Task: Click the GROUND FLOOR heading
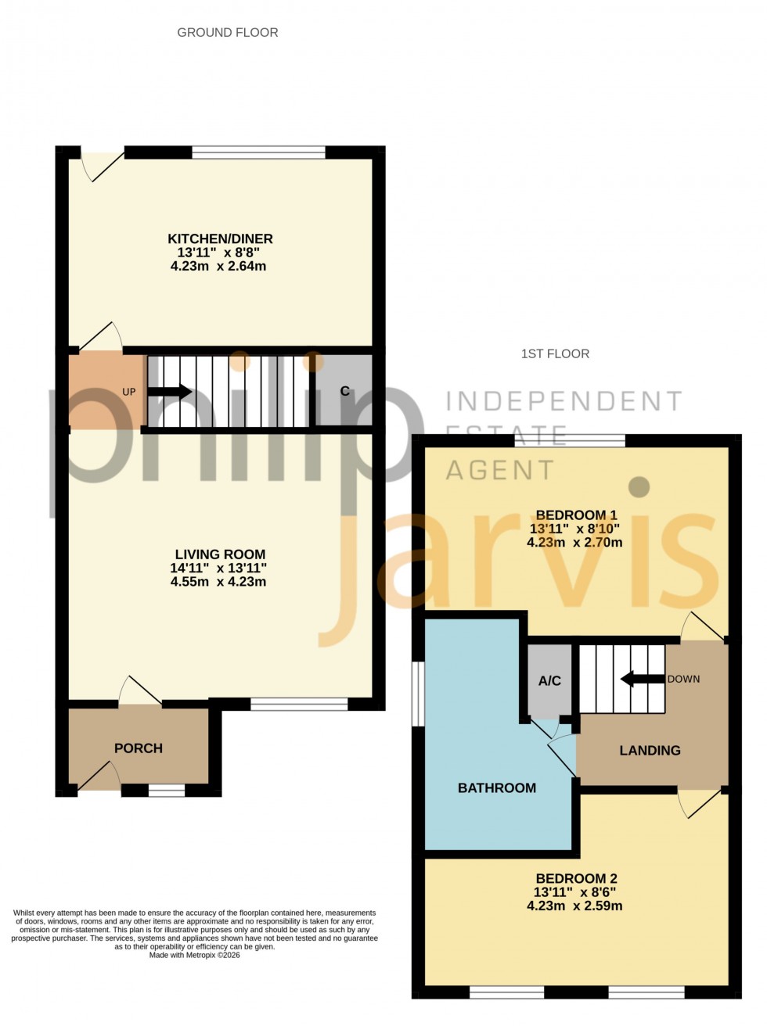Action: (x=228, y=32)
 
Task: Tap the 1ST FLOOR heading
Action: (x=555, y=353)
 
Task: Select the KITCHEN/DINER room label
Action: (x=220, y=239)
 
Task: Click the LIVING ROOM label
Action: (x=220, y=554)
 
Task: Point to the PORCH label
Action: (x=139, y=748)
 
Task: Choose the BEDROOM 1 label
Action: (x=576, y=515)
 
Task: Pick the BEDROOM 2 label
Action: (x=576, y=878)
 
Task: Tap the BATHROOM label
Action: (x=497, y=787)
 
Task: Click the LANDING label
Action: (x=650, y=750)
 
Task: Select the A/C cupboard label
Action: (x=549, y=680)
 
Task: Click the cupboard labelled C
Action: (x=344, y=390)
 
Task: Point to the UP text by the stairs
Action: (x=129, y=392)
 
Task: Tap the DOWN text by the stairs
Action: (x=683, y=679)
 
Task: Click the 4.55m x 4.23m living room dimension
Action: (x=218, y=582)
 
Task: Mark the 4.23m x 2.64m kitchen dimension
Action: (x=218, y=266)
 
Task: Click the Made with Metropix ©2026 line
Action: (x=195, y=955)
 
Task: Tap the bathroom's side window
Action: (x=419, y=694)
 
